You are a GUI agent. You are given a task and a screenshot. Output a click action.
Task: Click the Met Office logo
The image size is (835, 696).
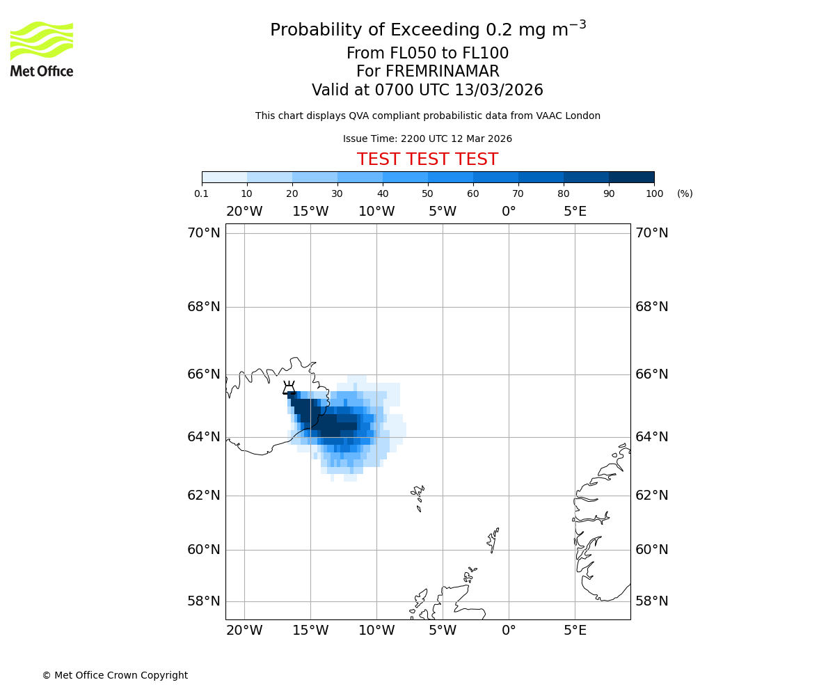pyautogui.click(x=42, y=49)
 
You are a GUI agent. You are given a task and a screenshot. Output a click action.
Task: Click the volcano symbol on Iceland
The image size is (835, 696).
pyautogui.click(x=289, y=388)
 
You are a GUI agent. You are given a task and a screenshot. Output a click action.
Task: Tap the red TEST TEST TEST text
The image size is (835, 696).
pyautogui.click(x=427, y=159)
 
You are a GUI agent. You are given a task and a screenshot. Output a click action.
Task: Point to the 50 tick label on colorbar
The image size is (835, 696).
pyautogui.click(x=427, y=193)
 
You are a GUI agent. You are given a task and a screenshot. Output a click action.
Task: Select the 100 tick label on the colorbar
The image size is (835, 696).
pyautogui.click(x=654, y=193)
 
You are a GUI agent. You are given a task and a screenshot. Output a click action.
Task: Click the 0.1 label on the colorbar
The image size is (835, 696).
pyautogui.click(x=202, y=193)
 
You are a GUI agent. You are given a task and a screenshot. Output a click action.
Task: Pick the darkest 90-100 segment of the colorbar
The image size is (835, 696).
pyautogui.click(x=631, y=177)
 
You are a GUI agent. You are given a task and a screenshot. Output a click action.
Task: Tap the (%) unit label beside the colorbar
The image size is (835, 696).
pyautogui.click(x=685, y=193)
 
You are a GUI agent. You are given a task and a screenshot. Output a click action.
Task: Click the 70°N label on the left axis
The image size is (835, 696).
pyautogui.click(x=203, y=233)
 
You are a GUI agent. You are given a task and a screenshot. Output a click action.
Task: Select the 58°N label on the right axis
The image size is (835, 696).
pyautogui.click(x=651, y=601)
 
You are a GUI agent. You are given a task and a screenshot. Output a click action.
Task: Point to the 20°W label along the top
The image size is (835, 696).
pyautogui.click(x=244, y=212)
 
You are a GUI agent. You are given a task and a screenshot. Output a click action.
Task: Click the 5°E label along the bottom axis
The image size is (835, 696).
pyautogui.click(x=575, y=631)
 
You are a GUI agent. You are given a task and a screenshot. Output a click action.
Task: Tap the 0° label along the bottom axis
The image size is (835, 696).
pyautogui.click(x=509, y=631)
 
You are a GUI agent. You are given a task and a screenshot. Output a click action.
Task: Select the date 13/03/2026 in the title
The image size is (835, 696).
pyautogui.click(x=499, y=90)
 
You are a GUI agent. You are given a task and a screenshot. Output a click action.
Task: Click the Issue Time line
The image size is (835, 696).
pyautogui.click(x=427, y=139)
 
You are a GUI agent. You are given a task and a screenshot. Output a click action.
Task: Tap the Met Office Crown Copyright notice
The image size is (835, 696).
pyautogui.click(x=115, y=675)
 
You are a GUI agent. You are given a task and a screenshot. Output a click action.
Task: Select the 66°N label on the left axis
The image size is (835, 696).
pyautogui.click(x=203, y=374)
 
